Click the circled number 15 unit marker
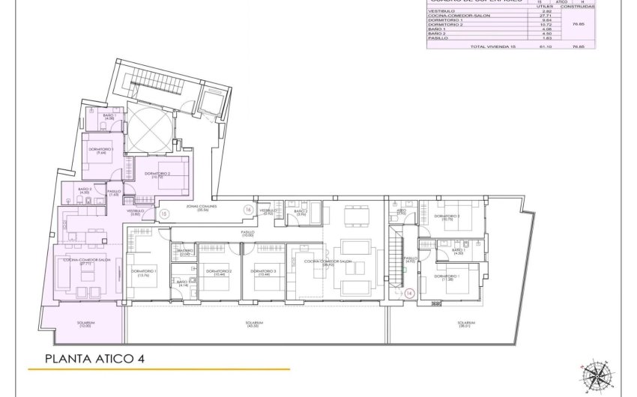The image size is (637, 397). tap(163, 214)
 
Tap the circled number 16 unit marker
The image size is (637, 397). tap(248, 210)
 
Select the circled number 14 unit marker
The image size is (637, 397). tap(409, 293)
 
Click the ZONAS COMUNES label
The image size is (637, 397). tap(202, 208)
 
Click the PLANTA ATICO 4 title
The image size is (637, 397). tap(94, 358)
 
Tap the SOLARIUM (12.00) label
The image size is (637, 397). tap(85, 324)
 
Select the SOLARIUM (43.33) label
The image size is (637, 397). tap(255, 324)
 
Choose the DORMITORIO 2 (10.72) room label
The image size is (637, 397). tap(157, 175)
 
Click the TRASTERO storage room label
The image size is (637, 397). tap(185, 252)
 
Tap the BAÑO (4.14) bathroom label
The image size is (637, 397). tap(182, 283)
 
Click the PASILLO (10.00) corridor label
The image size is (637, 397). tap(248, 234)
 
